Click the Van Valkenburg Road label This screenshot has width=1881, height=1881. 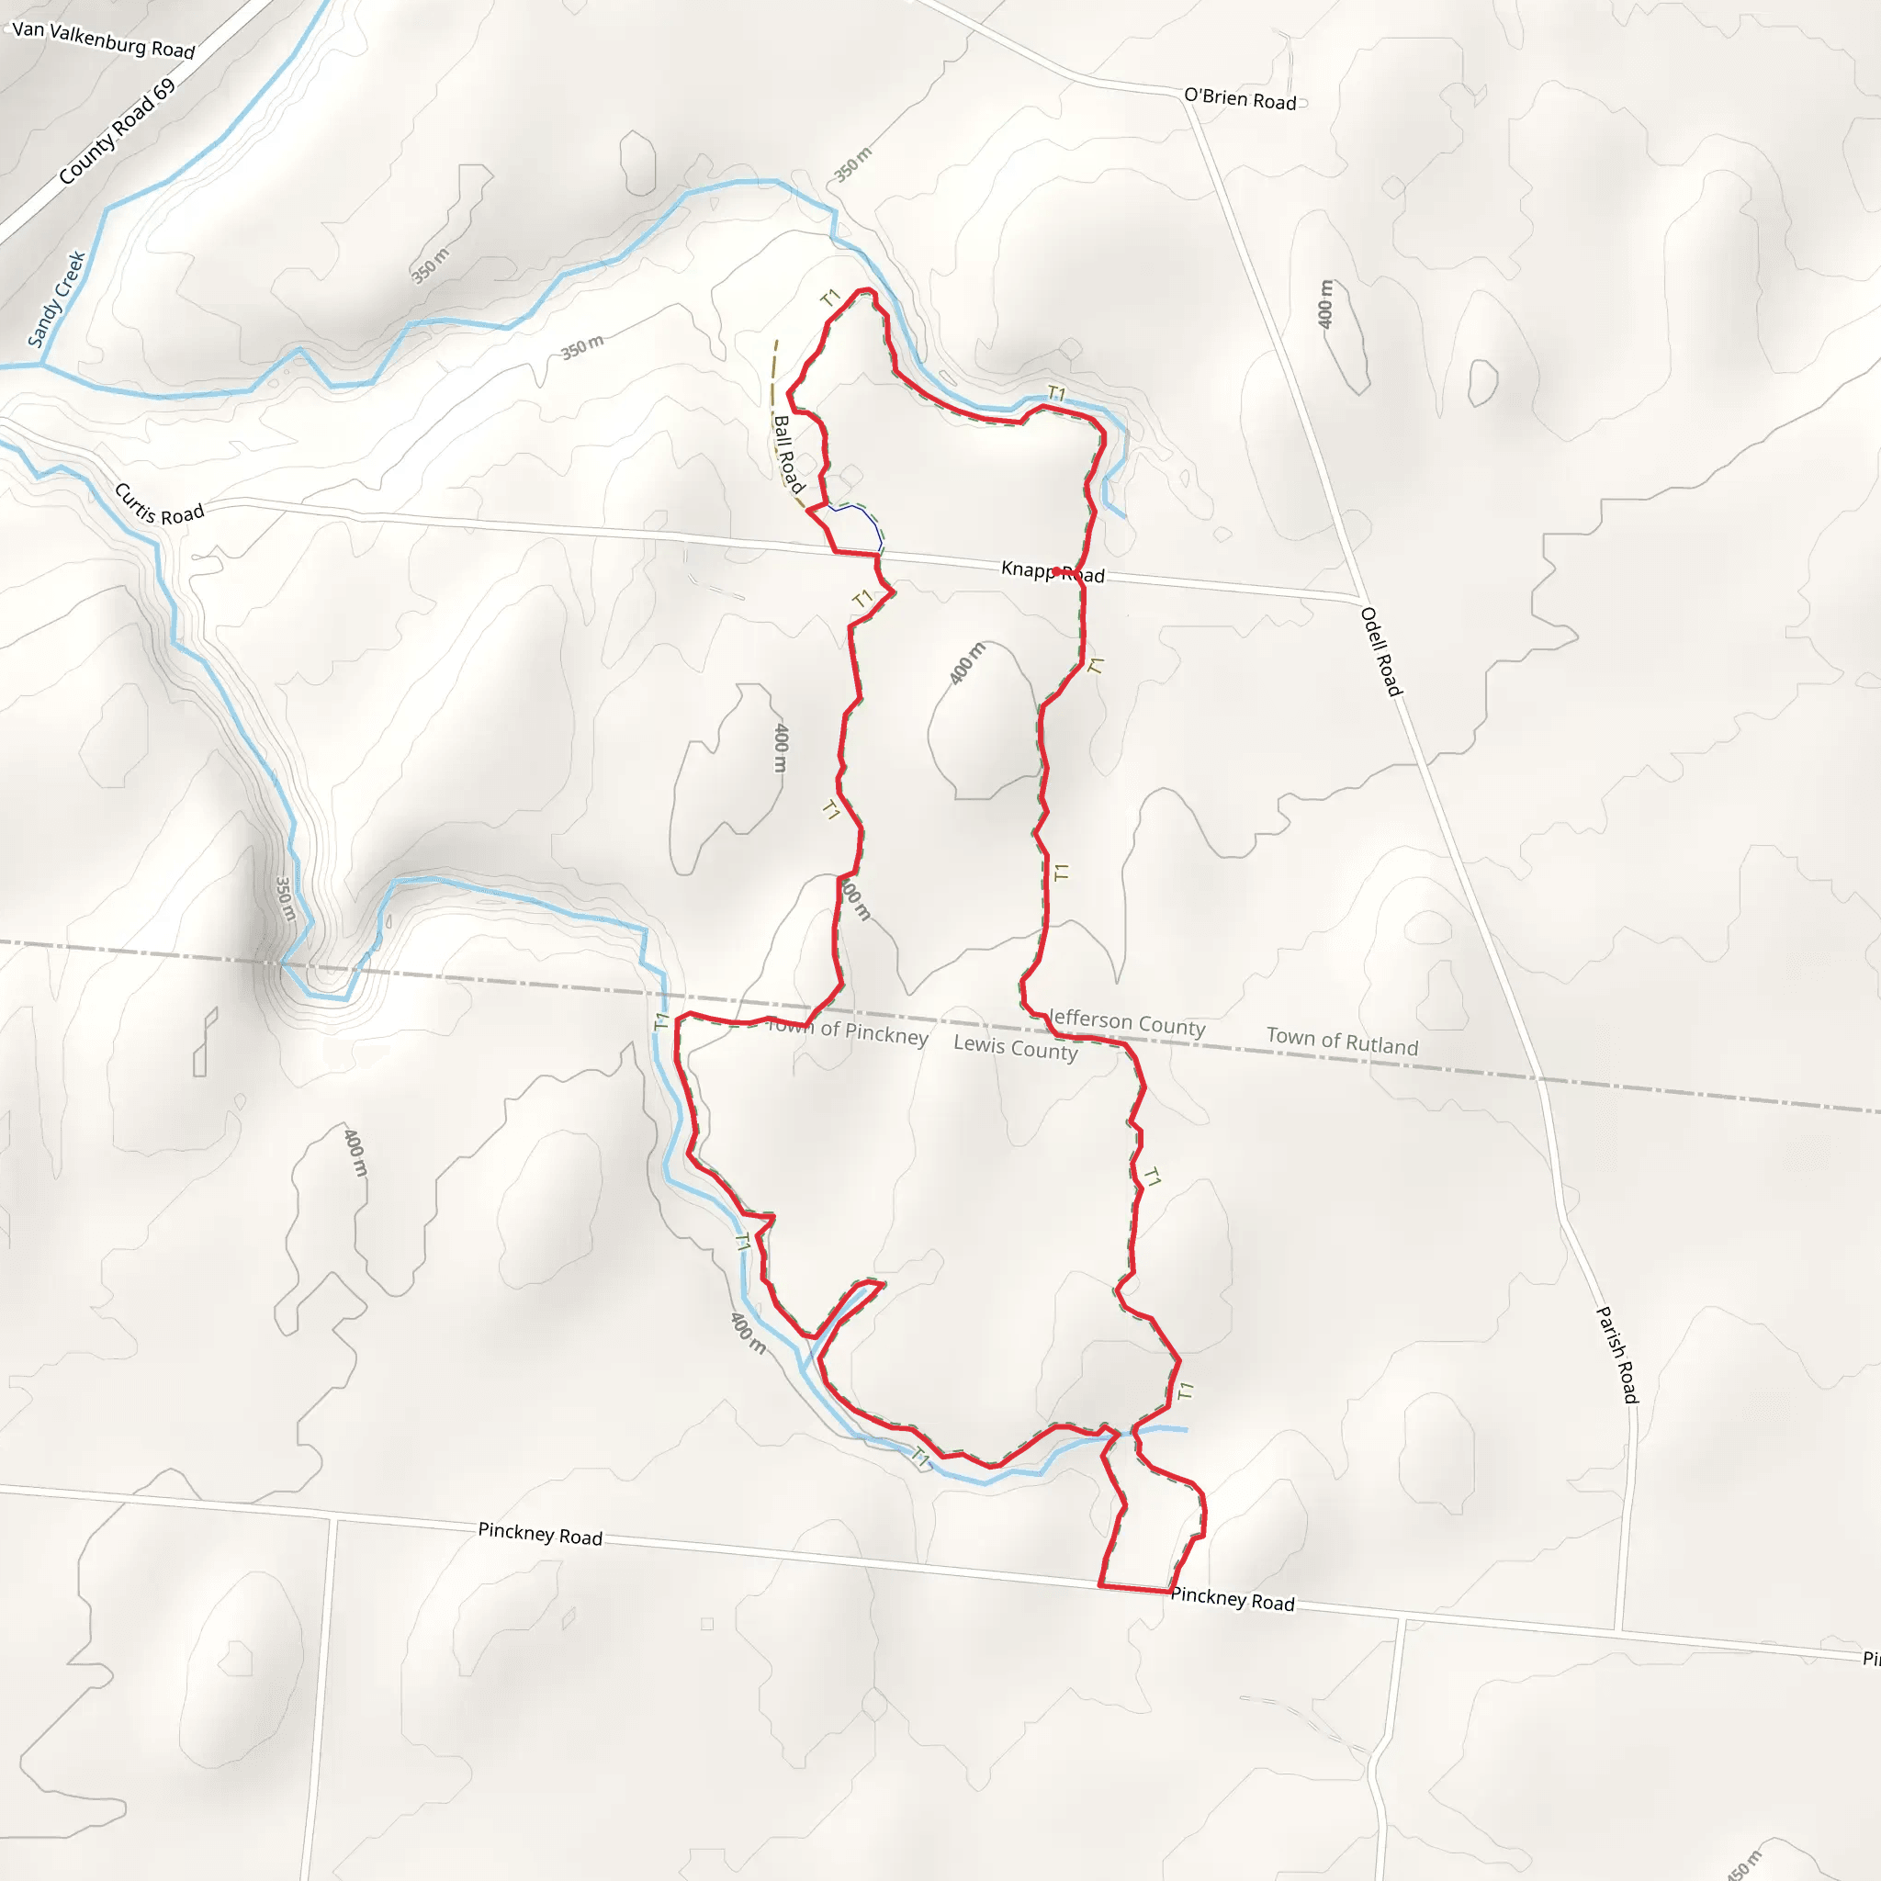104,39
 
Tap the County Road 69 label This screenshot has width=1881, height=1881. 117,131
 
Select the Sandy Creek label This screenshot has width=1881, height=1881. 56,298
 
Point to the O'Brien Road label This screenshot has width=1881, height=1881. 1239,99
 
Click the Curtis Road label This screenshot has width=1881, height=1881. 160,503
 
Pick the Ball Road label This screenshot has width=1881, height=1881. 788,454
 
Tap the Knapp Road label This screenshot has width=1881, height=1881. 1053,572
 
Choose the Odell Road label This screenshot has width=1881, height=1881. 1380,651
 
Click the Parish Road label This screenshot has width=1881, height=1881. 1617,1355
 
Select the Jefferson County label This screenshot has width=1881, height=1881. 1126,1022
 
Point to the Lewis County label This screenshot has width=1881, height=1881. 1016,1048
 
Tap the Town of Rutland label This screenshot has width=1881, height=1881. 1342,1041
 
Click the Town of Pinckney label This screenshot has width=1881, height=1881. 849,1032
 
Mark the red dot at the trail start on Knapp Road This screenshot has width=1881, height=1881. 1056,571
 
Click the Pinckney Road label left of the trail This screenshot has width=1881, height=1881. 540,1535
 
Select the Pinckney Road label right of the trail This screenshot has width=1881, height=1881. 1233,1600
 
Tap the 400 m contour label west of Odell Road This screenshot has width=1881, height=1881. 1325,304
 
